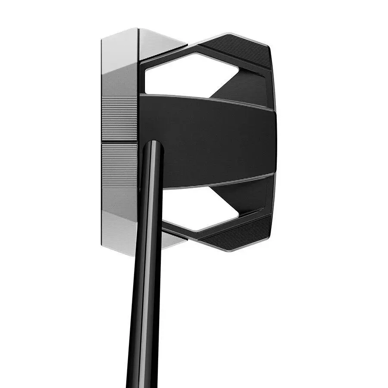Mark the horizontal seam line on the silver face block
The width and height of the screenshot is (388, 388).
(119, 141)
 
